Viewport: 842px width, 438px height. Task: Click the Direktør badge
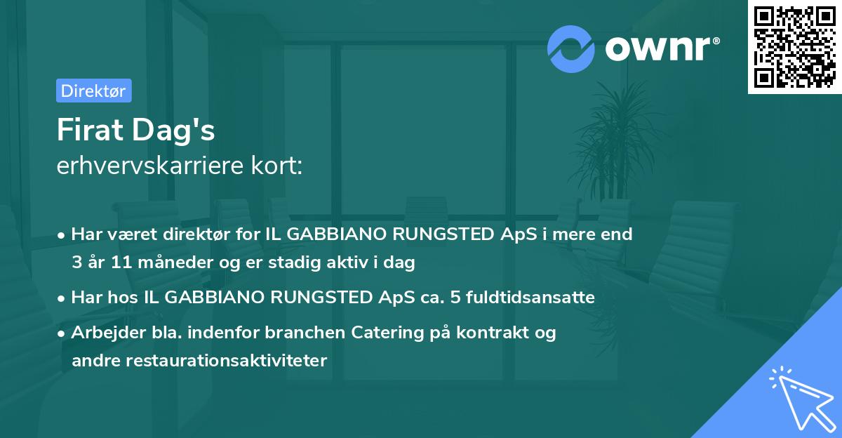tap(93, 91)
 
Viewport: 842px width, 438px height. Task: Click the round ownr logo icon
tap(571, 48)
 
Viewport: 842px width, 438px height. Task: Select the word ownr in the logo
tap(660, 48)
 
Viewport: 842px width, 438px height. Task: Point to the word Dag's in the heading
tap(176, 131)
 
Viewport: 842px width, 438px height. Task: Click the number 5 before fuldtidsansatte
tap(455, 298)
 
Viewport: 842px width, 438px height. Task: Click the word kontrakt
tap(495, 333)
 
